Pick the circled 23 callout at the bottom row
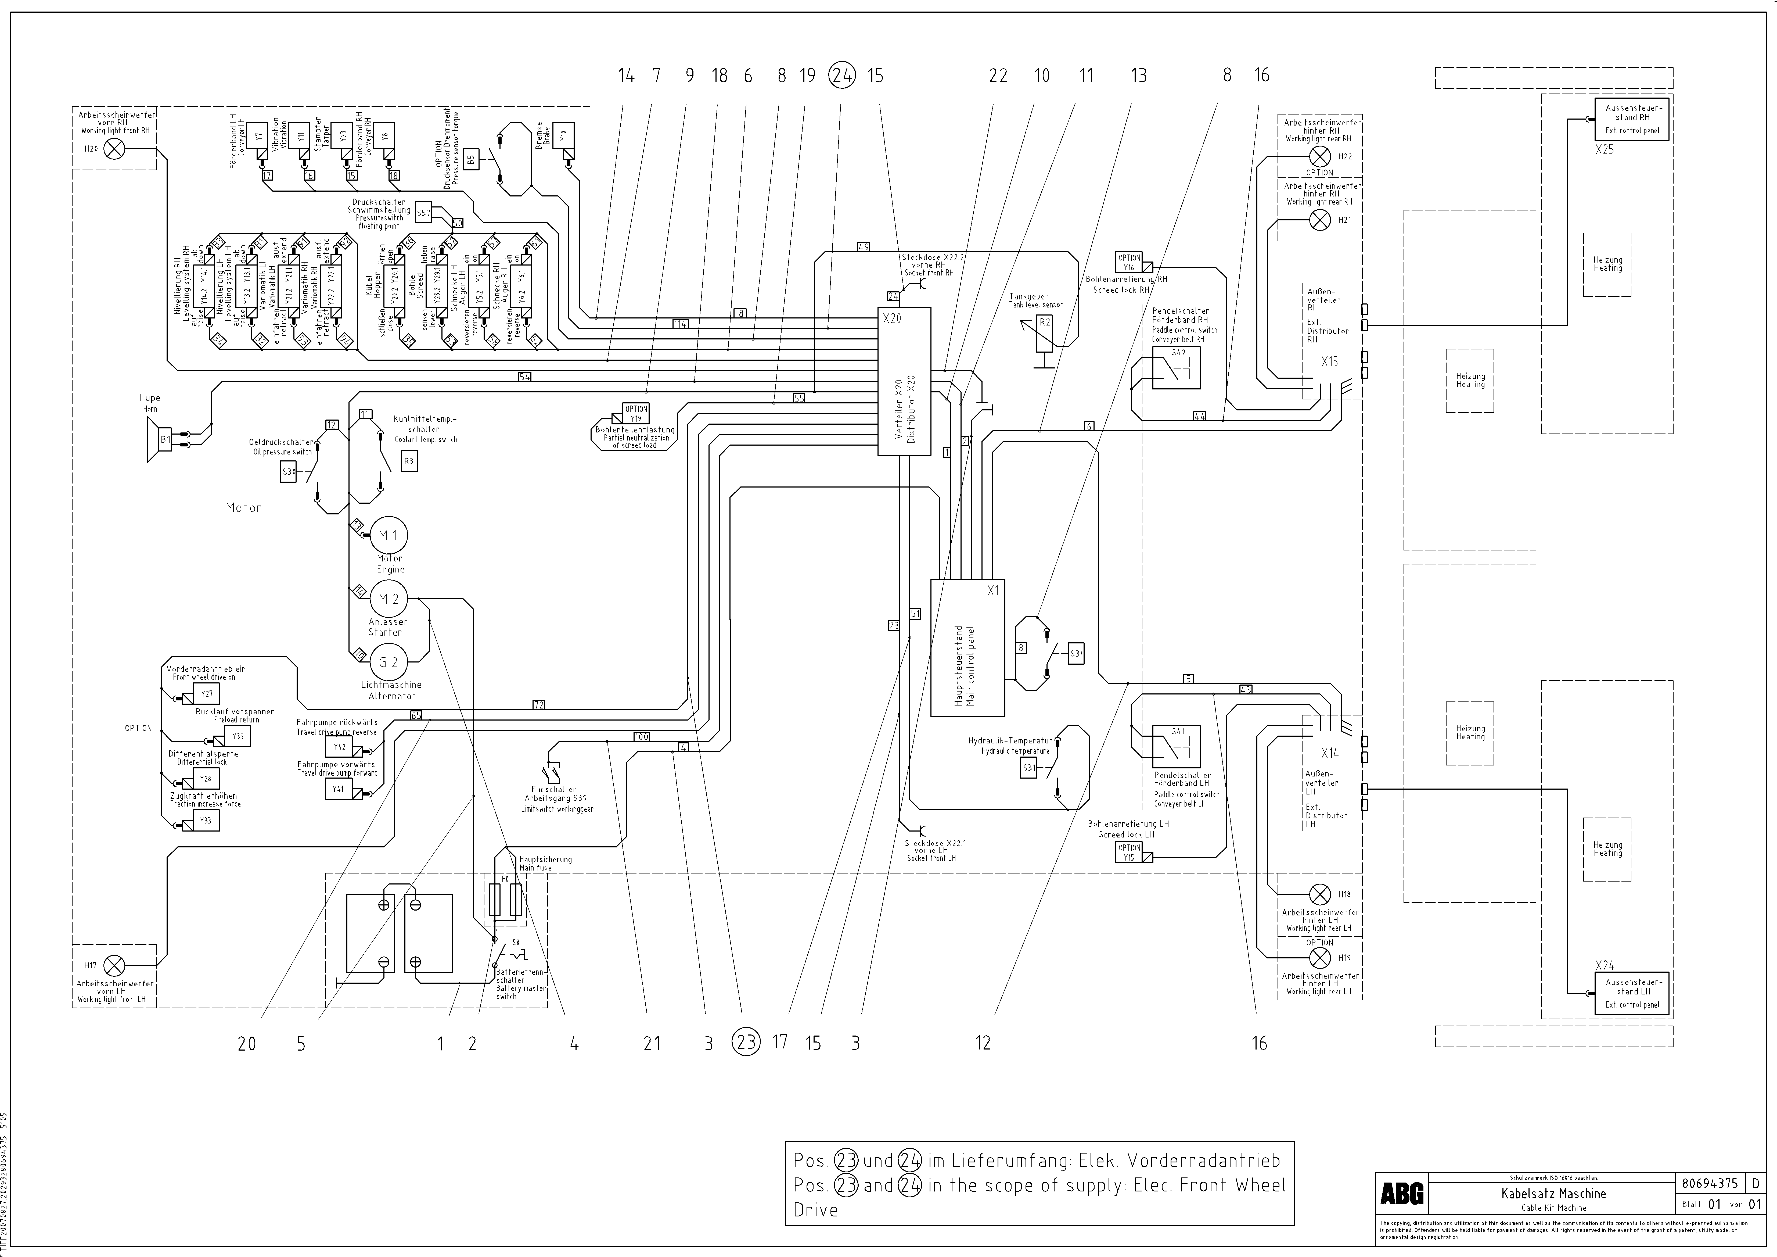tap(746, 1043)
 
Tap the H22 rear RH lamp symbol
tap(1319, 156)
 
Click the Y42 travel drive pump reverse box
tap(340, 747)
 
